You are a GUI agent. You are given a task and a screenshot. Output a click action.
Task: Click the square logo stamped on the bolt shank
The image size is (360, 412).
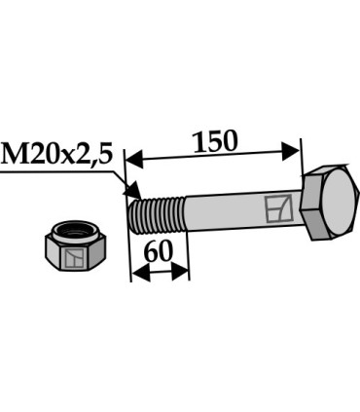pos(276,207)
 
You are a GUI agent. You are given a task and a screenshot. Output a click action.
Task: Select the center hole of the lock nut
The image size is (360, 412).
pos(74,233)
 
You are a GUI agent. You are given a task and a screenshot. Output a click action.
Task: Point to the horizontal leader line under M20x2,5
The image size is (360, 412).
pos(58,172)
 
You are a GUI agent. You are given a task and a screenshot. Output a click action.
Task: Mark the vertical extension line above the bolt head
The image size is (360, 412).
pos(301,156)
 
